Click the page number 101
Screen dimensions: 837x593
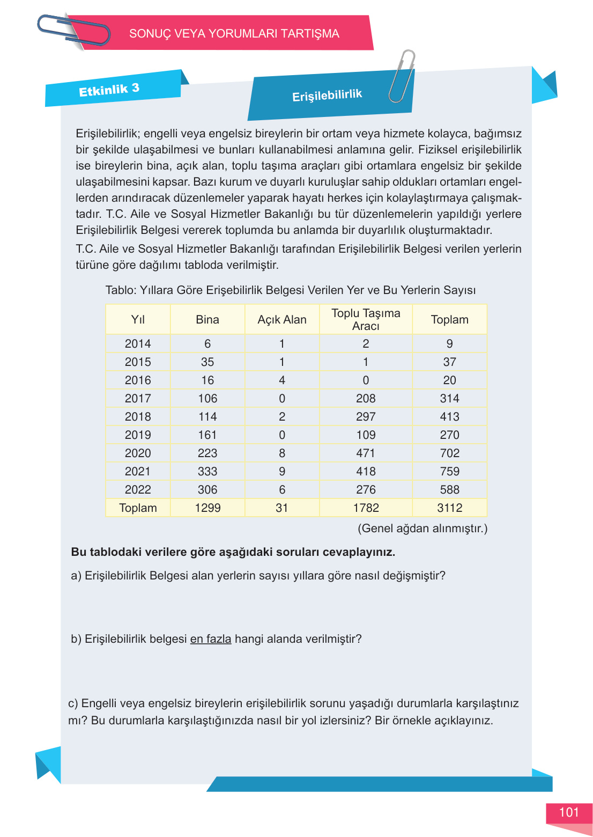point(569,812)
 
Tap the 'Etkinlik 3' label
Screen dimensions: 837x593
point(109,90)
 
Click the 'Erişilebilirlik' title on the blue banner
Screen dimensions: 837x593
point(327,96)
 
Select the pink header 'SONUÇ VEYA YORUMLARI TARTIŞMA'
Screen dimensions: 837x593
point(234,34)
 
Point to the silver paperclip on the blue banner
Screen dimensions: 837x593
point(402,76)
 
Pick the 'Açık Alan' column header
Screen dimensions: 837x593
point(282,320)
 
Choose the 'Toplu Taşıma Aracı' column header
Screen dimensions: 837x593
point(366,320)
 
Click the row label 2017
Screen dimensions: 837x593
point(138,399)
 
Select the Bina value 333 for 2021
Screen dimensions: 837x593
point(207,472)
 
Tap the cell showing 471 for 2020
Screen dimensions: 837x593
point(366,453)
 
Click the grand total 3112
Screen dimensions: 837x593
point(449,508)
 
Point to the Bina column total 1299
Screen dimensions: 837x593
point(207,508)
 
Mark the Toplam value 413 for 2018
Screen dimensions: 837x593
point(449,417)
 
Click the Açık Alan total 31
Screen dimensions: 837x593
point(282,508)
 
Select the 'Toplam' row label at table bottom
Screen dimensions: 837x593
point(138,508)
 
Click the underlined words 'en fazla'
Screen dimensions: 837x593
point(211,639)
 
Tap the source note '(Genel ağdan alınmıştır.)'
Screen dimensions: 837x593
point(422,528)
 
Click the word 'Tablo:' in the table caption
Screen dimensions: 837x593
point(121,290)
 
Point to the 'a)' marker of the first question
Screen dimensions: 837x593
point(76,576)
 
